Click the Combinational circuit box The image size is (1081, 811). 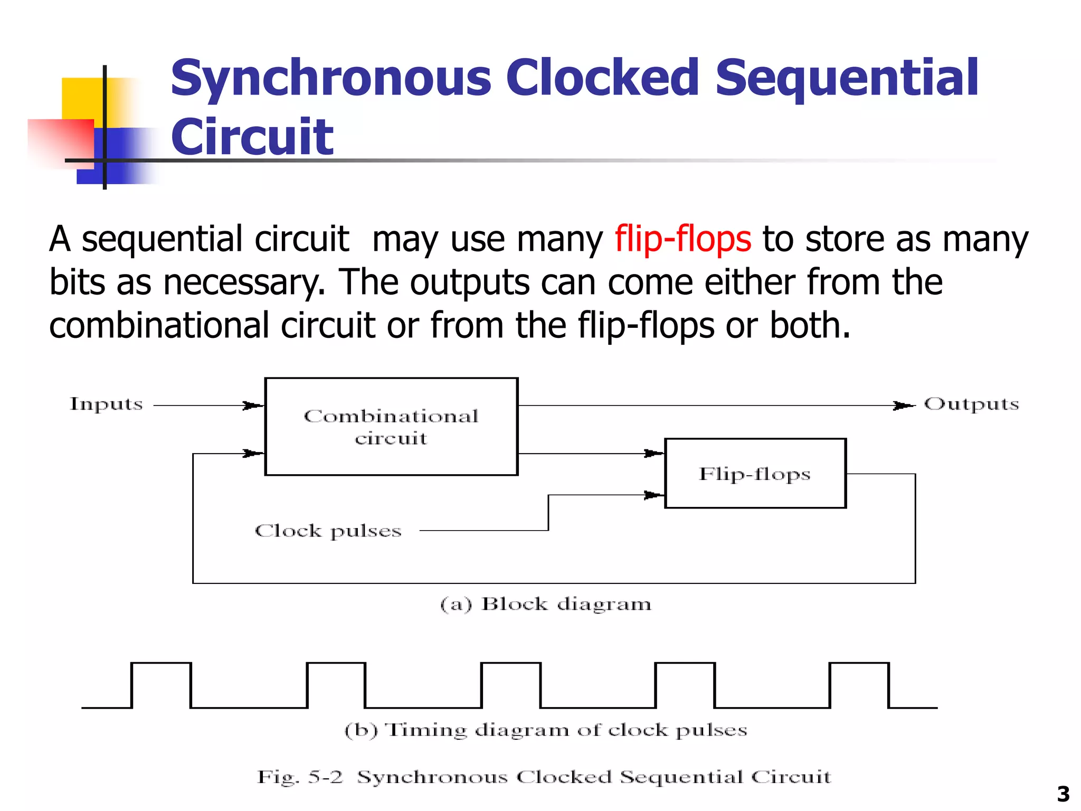(391, 427)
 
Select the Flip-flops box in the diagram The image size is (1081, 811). (755, 474)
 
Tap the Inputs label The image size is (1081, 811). (106, 404)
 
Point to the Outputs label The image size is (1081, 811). (971, 404)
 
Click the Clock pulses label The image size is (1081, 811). (328, 531)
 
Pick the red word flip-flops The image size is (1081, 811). (682, 239)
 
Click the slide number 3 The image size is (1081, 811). (1063, 794)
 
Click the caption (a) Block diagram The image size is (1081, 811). (546, 604)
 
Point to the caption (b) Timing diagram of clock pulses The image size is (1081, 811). (546, 730)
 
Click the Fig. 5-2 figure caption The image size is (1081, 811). (544, 777)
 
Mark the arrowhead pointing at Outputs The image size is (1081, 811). (903, 405)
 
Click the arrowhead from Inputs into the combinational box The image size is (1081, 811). (253, 405)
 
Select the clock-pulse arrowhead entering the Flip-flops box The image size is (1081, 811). (654, 495)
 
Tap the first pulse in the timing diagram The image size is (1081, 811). (161, 685)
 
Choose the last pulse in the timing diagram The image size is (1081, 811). (859, 685)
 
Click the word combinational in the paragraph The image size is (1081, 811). (159, 325)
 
